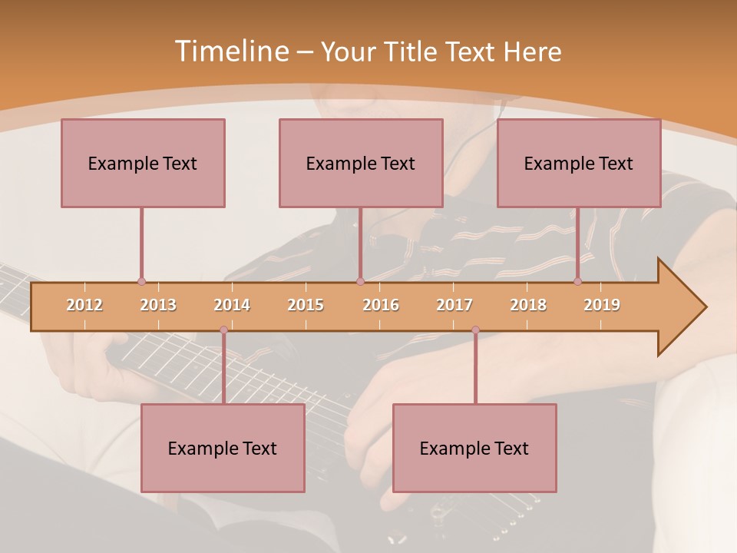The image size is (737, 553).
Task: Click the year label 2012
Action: click(84, 305)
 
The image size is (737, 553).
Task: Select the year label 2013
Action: click(158, 305)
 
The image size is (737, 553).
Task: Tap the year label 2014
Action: click(232, 305)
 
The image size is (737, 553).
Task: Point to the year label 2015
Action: click(306, 305)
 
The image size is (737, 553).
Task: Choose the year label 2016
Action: click(381, 305)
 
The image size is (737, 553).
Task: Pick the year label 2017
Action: click(454, 305)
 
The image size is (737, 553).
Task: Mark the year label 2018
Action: click(528, 305)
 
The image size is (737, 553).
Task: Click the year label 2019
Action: click(602, 305)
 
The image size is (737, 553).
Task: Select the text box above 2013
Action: click(143, 163)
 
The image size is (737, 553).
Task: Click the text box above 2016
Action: click(361, 163)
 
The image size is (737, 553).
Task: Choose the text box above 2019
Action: click(579, 163)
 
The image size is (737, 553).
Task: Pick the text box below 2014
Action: click(223, 448)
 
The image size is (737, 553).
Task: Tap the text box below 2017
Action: click(474, 448)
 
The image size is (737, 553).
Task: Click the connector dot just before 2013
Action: click(141, 281)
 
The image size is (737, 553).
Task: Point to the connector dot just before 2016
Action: click(360, 281)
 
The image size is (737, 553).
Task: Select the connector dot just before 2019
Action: click(578, 281)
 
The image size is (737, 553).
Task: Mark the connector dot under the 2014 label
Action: click(223, 330)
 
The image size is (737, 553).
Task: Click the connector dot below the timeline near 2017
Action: click(475, 330)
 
